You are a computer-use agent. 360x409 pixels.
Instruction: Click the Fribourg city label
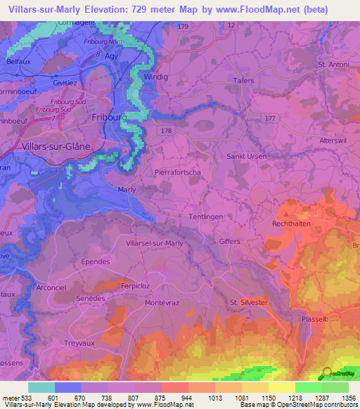(109, 119)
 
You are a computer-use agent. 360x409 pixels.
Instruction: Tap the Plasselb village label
(314, 318)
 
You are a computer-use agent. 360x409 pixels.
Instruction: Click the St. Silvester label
(248, 302)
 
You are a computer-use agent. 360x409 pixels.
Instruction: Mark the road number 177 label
(270, 119)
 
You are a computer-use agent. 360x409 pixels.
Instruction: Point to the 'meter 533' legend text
(15, 397)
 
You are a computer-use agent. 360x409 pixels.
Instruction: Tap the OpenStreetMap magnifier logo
(327, 374)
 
